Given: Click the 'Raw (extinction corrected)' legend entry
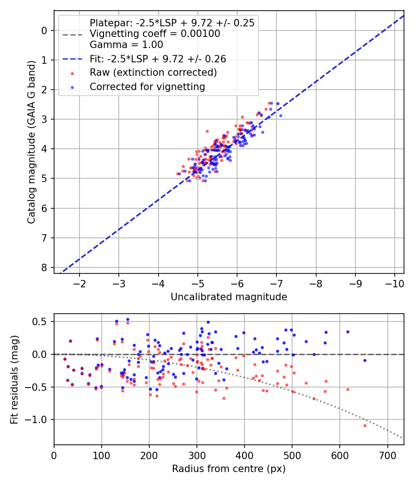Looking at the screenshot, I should (x=153, y=73).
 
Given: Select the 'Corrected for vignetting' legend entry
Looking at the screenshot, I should (x=147, y=86).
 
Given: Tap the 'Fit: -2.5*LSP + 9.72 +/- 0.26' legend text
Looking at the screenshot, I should (x=158, y=59).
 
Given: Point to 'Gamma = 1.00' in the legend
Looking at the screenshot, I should (x=126, y=45).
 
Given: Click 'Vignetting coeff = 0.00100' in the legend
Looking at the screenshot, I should (x=155, y=34).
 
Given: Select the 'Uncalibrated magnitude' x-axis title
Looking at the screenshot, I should (x=229, y=297).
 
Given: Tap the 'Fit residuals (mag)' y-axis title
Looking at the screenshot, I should (x=14, y=379).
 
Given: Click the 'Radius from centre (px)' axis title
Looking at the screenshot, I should (x=229, y=469).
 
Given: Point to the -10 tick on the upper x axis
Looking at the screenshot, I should (x=394, y=282).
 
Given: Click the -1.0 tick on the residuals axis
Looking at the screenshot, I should (x=39, y=419).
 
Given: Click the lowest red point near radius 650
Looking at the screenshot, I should (x=365, y=425).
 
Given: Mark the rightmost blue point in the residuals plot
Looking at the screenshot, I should (x=365, y=360).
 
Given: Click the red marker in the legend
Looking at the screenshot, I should (x=72, y=73).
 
